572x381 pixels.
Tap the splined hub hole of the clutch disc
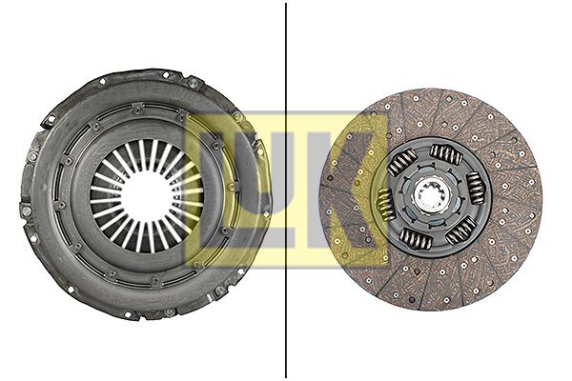(x=431, y=201)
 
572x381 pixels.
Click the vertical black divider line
(x=286, y=190)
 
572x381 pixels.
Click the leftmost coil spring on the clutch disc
(x=386, y=203)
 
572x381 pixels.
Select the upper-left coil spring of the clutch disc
(x=403, y=163)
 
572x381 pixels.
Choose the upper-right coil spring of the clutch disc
(x=446, y=153)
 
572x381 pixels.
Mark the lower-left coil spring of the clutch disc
(x=416, y=238)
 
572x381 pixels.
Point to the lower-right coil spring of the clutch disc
(x=460, y=229)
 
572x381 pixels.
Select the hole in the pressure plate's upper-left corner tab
(x=46, y=120)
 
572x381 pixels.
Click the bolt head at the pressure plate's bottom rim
(x=170, y=311)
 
